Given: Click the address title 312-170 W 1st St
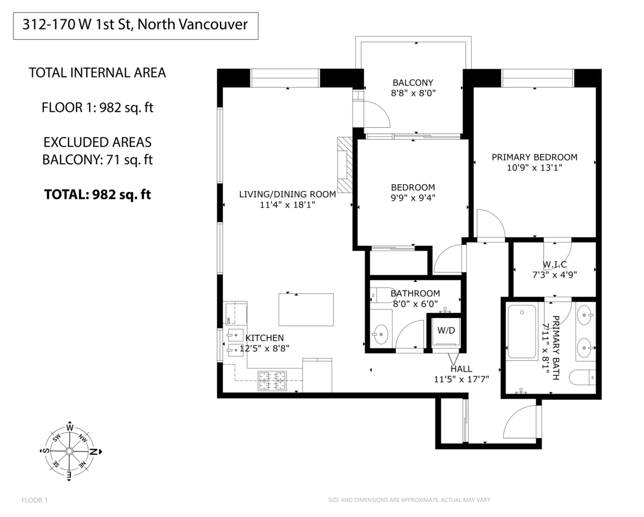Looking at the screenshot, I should coord(135,25).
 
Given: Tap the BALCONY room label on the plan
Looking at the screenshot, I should coord(413,83).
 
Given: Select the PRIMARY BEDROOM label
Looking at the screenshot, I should coord(535,157).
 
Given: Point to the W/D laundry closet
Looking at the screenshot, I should coord(445,331).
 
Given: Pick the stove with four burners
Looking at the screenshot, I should coord(272,381).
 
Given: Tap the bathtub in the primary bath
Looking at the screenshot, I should coord(522,331).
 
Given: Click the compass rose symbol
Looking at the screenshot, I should coord(69,451).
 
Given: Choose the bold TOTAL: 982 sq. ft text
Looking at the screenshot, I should coord(97,194).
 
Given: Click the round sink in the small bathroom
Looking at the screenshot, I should coord(381,334).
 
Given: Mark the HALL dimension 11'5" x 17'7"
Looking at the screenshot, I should coord(461,379).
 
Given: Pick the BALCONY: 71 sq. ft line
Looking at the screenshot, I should coord(97,159).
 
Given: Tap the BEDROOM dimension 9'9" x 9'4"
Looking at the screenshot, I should coord(413,197).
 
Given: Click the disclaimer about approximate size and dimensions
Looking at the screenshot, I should coord(409,500).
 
